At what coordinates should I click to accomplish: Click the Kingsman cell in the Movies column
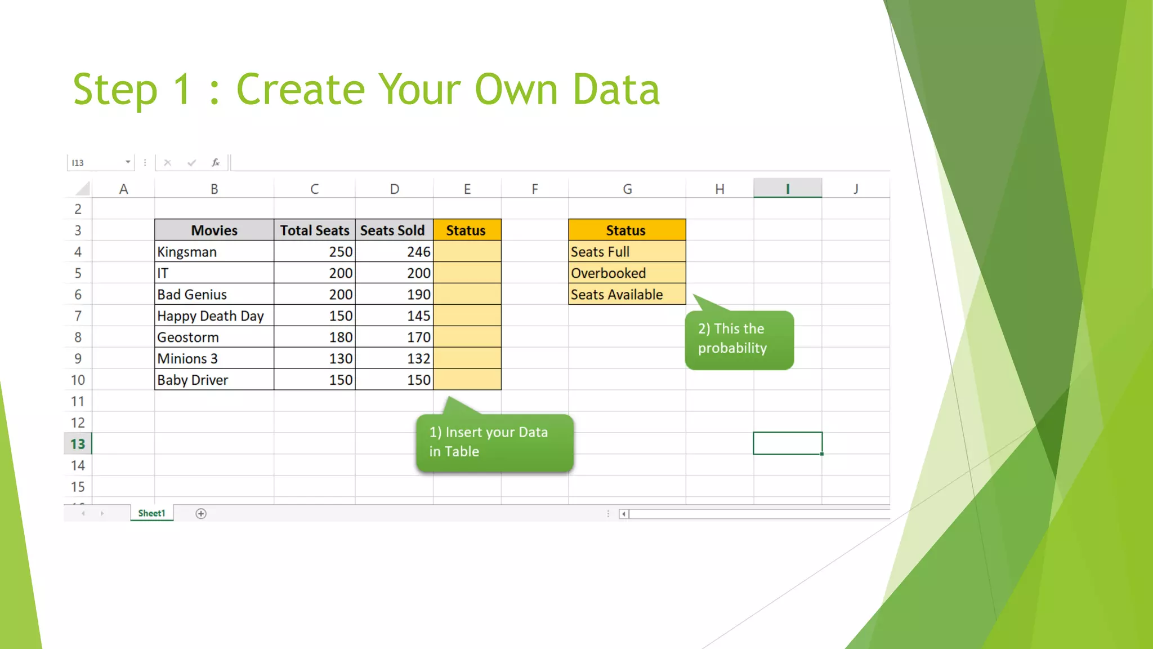[x=214, y=252]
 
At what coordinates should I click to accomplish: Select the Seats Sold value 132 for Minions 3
[x=394, y=359]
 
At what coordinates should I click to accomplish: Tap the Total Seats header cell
[x=314, y=230]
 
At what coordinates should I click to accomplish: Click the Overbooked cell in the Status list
[x=627, y=273]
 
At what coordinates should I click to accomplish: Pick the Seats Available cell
[x=627, y=295]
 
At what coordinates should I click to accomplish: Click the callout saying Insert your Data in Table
[x=494, y=442]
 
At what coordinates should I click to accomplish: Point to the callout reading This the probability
[x=739, y=339]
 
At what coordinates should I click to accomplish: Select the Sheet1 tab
[x=151, y=513]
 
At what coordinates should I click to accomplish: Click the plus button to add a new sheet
[x=201, y=513]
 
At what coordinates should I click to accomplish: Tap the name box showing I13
[x=96, y=163]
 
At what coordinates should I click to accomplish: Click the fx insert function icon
[x=216, y=163]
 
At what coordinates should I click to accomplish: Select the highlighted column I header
[x=787, y=189]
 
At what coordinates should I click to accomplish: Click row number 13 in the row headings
[x=78, y=444]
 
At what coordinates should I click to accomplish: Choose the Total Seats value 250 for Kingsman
[x=314, y=252]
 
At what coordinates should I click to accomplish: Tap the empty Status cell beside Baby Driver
[x=467, y=380]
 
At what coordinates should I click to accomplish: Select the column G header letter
[x=627, y=189]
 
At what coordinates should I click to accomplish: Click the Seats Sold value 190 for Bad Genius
[x=394, y=295]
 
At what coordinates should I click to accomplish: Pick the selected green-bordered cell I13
[x=787, y=443]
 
